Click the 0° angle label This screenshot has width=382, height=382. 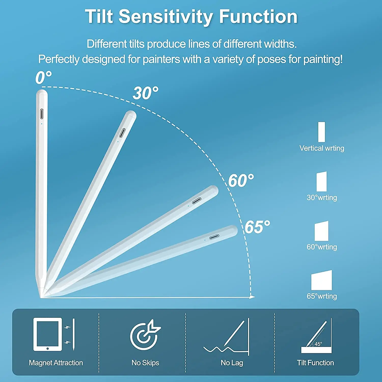coord(43,77)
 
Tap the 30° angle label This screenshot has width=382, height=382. coord(145,93)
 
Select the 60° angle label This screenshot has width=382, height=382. coord(241,181)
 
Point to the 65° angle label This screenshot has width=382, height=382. coord(257,227)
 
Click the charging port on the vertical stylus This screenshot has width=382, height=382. coord(42,114)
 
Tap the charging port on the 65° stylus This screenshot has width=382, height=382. coord(214,237)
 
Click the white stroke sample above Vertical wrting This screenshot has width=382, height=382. coord(322,132)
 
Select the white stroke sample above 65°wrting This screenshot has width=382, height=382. coord(322,280)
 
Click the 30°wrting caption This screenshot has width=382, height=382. coord(322,198)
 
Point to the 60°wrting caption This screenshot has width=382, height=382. coord(322,247)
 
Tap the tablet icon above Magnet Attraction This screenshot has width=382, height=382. coord(48,334)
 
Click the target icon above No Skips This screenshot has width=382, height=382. coord(145,335)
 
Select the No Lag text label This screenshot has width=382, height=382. coord(232,363)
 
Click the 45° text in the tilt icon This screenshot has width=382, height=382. coord(318,344)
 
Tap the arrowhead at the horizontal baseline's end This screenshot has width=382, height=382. coord(252,297)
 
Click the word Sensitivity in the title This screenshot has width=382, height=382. coord(166,17)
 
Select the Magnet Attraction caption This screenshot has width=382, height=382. coord(56,363)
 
